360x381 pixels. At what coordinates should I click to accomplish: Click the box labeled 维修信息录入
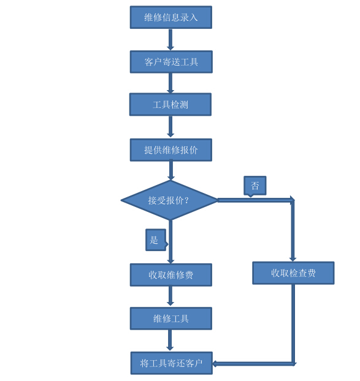[x=170, y=17]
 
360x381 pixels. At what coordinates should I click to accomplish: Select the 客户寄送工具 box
[x=171, y=62]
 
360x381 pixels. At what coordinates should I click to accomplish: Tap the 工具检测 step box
[x=170, y=105]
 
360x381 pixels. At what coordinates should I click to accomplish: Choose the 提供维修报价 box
[x=170, y=150]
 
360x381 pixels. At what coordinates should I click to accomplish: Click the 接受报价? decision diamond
[x=169, y=200]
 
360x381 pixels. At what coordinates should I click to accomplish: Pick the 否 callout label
[x=255, y=186]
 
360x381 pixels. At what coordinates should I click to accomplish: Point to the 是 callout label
[x=156, y=240]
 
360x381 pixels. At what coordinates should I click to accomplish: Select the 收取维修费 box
[x=170, y=275]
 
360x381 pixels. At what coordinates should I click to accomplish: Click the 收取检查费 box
[x=293, y=273]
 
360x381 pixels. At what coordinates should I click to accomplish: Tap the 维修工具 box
[x=170, y=319]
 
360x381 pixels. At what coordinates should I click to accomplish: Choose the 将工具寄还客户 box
[x=172, y=363]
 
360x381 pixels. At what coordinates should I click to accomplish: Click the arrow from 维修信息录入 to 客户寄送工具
[x=170, y=40]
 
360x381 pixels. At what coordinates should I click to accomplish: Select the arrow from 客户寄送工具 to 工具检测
[x=170, y=83]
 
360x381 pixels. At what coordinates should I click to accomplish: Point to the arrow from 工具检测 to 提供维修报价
[x=170, y=127]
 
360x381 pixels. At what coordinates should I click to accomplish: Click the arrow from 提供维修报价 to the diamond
[x=171, y=170]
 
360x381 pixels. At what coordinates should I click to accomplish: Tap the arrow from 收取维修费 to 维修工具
[x=170, y=296]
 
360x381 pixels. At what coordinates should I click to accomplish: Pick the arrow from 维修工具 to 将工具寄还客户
[x=170, y=340]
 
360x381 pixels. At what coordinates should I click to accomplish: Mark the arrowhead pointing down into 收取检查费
[x=293, y=259]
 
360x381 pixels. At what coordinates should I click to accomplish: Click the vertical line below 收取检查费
[x=293, y=325]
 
